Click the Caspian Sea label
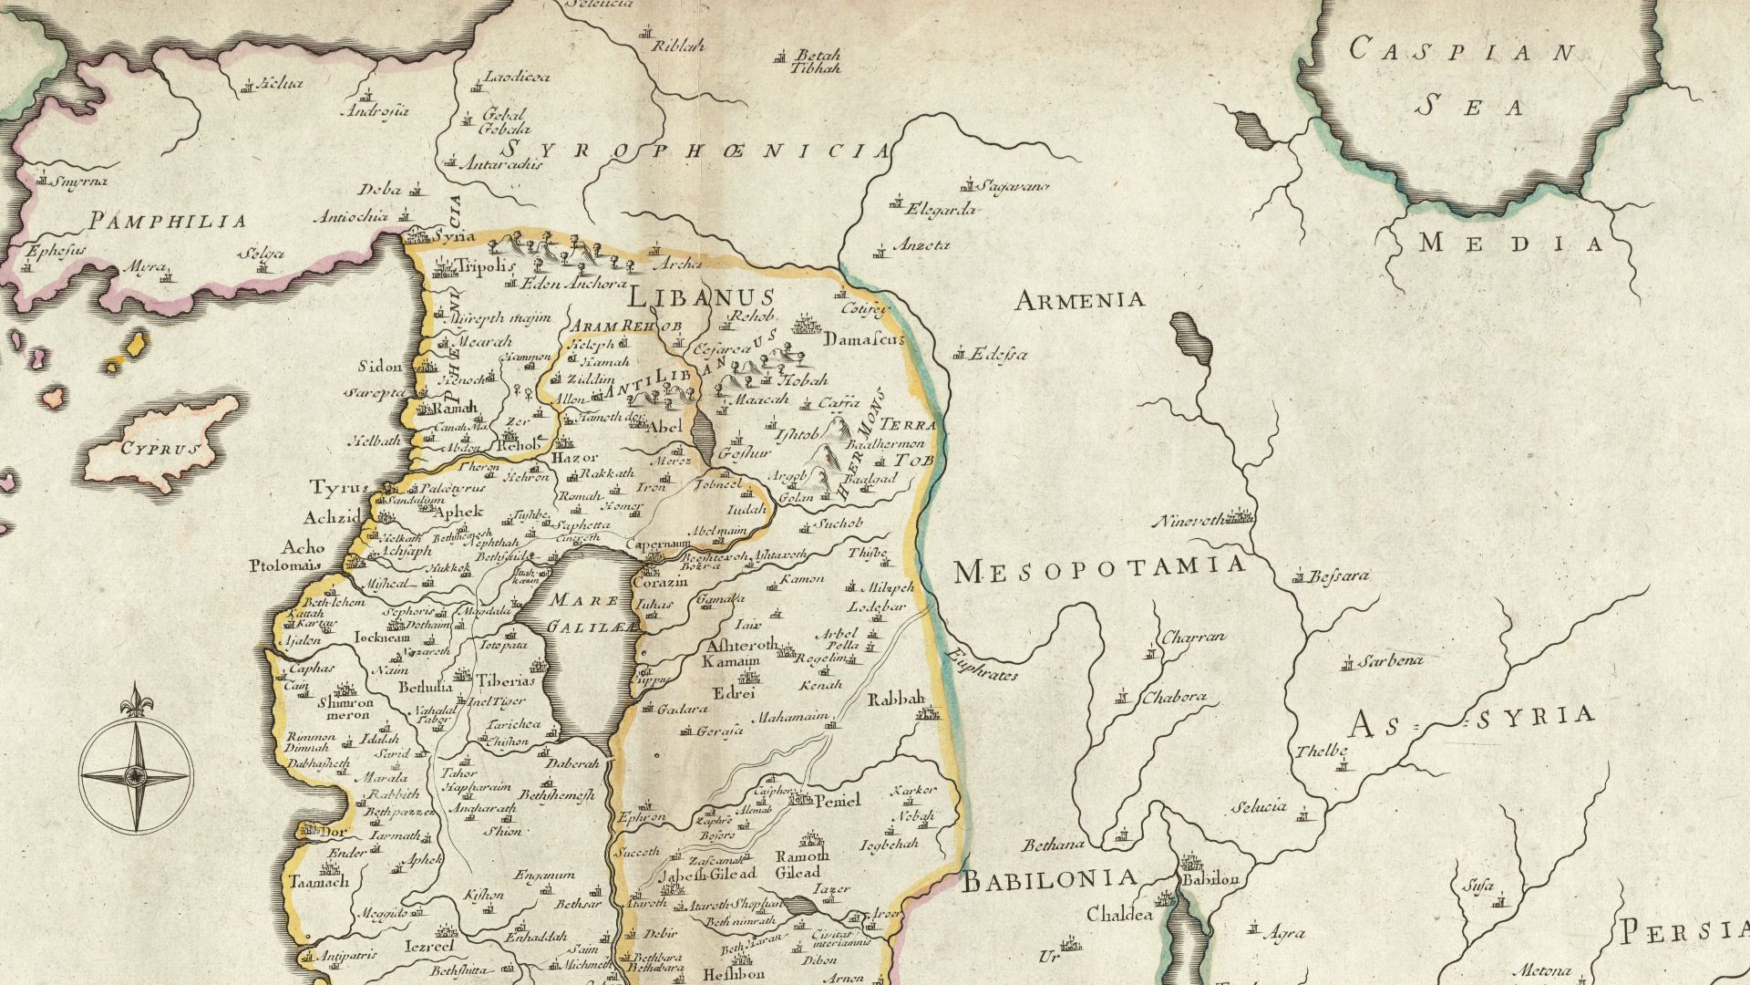pos(1463,77)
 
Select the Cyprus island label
pos(160,449)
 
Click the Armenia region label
pos(1079,299)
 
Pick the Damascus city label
pos(863,338)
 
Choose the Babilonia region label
pos(1050,880)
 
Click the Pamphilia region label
pos(168,221)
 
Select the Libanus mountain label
pos(702,297)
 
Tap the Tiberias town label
pos(506,681)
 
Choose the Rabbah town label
pos(896,700)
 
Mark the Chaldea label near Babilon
pos(1119,914)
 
